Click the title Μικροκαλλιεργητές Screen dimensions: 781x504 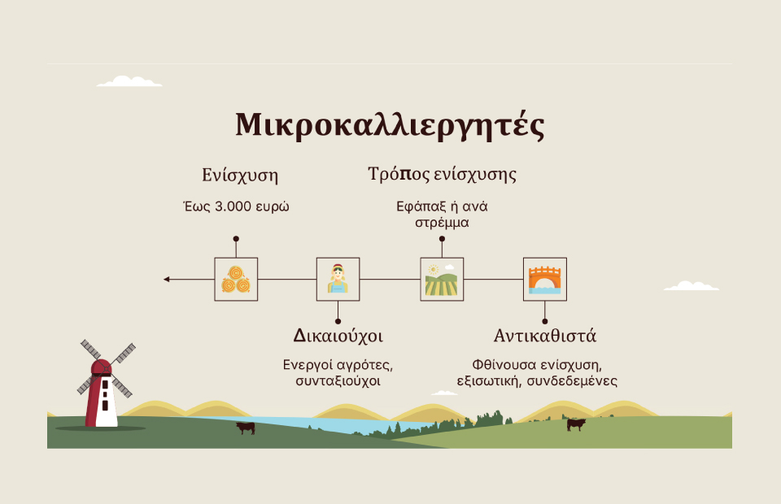click(390, 125)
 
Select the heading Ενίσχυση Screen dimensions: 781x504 click(240, 176)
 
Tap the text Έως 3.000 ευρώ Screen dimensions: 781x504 click(236, 206)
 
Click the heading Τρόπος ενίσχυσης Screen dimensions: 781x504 click(442, 175)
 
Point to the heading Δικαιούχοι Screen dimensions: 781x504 click(338, 336)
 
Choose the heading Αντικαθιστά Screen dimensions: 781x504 click(544, 336)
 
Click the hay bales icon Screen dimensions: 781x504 click(236, 279)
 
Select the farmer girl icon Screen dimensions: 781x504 click(338, 279)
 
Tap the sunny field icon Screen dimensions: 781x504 click(441, 279)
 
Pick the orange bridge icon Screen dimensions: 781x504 click(544, 280)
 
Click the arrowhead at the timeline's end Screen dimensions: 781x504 click(166, 279)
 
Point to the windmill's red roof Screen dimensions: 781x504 click(101, 367)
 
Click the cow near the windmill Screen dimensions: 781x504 click(246, 428)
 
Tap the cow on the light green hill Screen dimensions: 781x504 click(576, 424)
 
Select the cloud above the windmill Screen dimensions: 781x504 click(129, 81)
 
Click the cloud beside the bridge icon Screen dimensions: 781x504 click(692, 285)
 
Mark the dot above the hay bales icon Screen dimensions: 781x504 click(236, 239)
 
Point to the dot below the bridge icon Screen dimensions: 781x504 click(544, 321)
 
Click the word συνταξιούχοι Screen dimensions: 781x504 click(338, 381)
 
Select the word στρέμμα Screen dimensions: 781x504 click(442, 223)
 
